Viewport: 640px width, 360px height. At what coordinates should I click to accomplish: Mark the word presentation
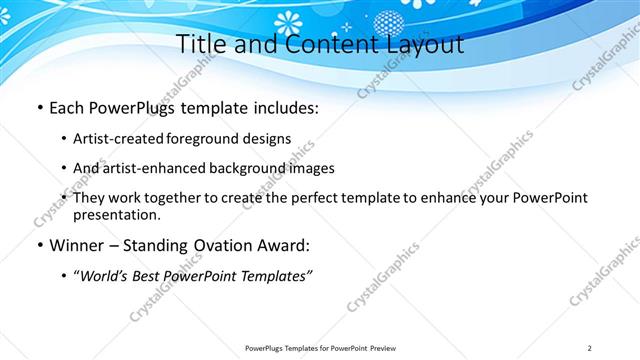(x=116, y=214)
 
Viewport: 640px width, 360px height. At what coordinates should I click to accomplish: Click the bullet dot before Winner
(x=38, y=246)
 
